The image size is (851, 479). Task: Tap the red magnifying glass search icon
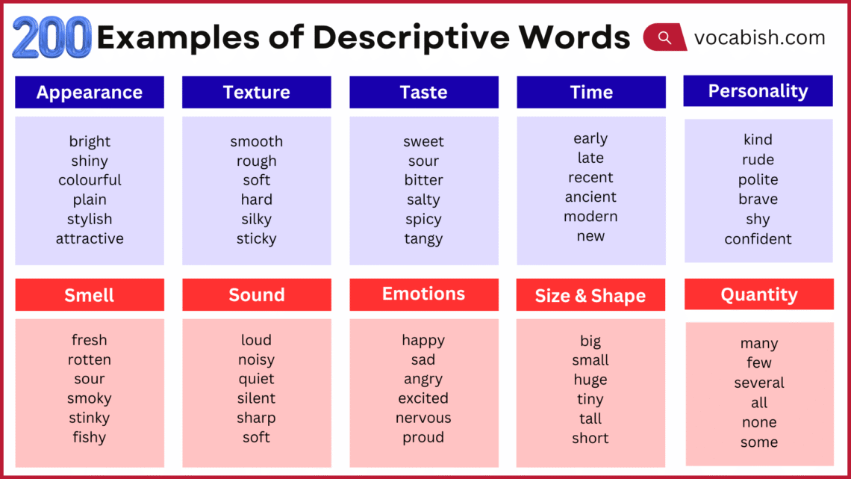(664, 37)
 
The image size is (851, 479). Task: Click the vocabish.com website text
(759, 37)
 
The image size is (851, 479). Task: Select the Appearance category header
(90, 93)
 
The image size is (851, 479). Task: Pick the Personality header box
(758, 91)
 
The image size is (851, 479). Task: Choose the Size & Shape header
(590, 296)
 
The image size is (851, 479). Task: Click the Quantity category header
(758, 294)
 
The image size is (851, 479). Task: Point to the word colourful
(90, 180)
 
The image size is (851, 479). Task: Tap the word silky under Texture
(256, 219)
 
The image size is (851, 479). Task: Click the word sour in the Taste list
(423, 161)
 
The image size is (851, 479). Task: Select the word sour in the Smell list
(90, 379)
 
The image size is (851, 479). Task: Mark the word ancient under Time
(590, 197)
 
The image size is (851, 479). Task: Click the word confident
(758, 239)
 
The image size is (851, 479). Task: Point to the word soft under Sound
(256, 437)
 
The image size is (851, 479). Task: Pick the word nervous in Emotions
(423, 418)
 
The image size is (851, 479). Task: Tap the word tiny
(590, 399)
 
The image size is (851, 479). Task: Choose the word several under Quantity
(758, 383)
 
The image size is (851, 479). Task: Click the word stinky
(90, 418)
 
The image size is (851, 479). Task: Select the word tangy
(423, 239)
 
